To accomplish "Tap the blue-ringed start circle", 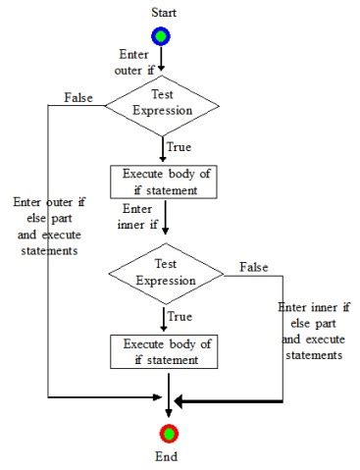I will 161,35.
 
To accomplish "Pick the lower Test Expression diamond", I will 166,274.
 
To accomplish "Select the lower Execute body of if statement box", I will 167,351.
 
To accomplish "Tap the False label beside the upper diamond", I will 78,97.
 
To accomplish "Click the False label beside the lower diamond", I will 254,267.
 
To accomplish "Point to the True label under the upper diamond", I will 180,147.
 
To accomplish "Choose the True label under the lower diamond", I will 180,317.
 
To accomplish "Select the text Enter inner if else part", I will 312,331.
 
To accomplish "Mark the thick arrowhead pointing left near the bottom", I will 181,401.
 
